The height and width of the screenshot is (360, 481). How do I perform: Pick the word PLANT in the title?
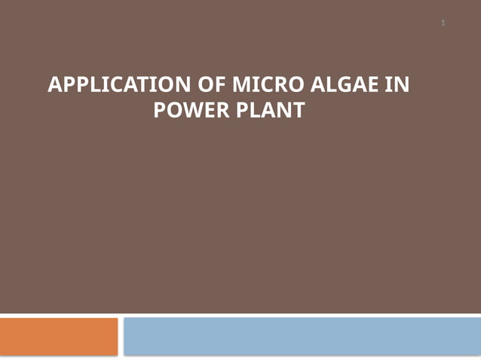(x=271, y=111)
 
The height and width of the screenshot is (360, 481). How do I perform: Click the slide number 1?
(x=443, y=23)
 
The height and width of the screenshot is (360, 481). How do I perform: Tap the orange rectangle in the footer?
(x=59, y=336)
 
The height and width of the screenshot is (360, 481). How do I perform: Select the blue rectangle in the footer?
(x=302, y=336)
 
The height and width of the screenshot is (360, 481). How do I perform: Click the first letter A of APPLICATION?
(x=54, y=85)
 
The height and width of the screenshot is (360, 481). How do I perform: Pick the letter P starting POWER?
(x=159, y=111)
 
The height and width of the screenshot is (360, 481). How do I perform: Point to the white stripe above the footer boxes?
(x=240, y=314)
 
